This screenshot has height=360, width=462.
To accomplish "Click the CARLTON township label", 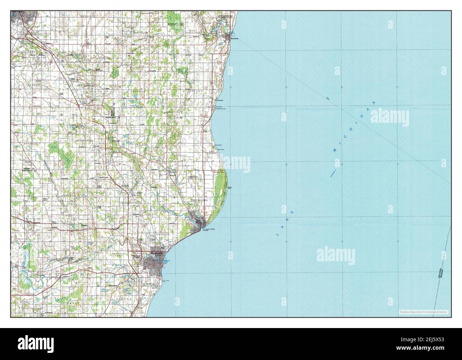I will coord(195,91).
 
